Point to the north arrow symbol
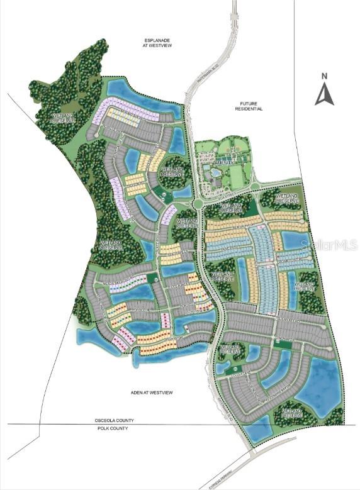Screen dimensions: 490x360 (324, 94)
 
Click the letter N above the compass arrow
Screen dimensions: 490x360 (324, 76)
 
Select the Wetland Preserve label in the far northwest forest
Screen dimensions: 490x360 (50, 117)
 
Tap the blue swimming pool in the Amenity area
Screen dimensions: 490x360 (217, 172)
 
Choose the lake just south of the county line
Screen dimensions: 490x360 (256, 433)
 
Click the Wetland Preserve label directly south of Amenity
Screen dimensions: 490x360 (232, 207)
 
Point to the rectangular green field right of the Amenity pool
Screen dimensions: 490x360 (235, 175)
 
